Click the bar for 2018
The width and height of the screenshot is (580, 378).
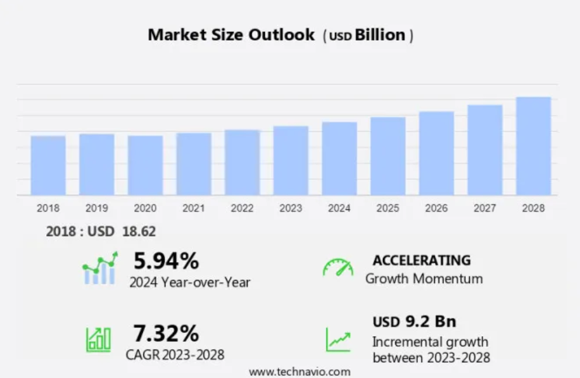coord(48,165)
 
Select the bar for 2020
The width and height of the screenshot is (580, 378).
coord(145,165)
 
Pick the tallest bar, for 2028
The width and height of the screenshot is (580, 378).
coord(533,146)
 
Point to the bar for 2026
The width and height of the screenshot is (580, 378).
coord(436,153)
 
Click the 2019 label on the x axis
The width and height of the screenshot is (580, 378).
coord(97,208)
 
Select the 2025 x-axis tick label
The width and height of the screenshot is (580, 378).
coord(388,208)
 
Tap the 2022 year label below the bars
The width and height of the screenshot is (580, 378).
coord(243,208)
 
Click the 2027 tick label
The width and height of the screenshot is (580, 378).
coord(485,208)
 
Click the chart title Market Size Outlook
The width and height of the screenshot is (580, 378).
coord(231,35)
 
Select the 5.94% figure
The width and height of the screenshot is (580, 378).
coord(166,260)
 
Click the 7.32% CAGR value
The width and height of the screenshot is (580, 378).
coord(166,333)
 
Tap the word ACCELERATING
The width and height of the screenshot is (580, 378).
coord(421,260)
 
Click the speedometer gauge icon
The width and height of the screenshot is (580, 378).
coord(337,268)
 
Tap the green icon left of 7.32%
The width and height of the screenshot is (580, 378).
coord(98,339)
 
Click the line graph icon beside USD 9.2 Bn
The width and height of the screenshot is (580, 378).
coord(338,339)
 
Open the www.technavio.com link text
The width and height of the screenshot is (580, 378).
coord(299,371)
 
